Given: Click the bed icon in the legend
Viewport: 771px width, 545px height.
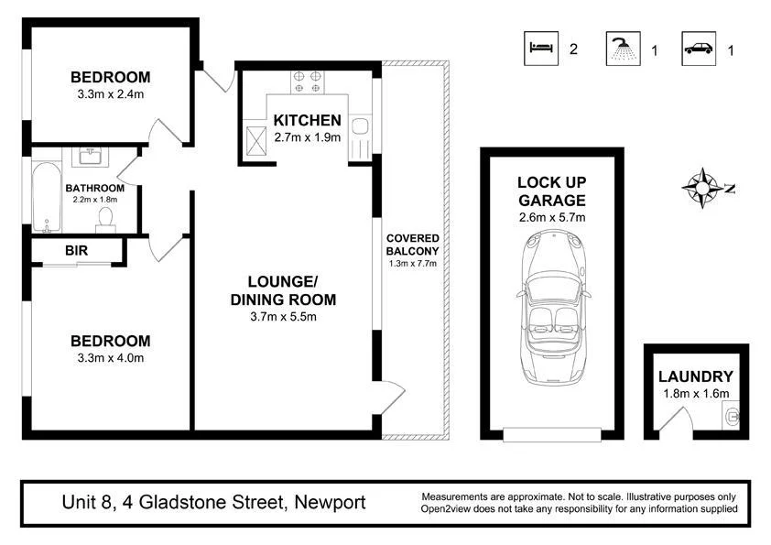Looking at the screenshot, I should point(540,49).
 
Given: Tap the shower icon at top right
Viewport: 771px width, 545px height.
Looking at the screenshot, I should point(623,49).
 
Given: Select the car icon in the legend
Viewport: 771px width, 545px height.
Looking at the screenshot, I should point(699,49).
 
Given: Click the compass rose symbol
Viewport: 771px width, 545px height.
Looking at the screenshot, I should point(702,188).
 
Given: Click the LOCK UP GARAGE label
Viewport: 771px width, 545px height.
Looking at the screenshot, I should point(551,191).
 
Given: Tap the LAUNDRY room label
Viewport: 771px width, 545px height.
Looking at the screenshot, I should point(696,376).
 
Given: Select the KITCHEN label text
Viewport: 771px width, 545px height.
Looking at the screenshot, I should point(308,121).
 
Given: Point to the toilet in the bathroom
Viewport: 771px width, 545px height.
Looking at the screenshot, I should point(106,217).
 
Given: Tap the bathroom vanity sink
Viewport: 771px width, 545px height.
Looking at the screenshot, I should point(90,158).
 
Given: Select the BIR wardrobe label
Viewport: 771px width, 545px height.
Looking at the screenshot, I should point(77,249).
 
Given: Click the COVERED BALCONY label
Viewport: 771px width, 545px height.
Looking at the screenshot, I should point(412,245).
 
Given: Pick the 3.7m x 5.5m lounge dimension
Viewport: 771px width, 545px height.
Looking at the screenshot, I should point(282,317).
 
